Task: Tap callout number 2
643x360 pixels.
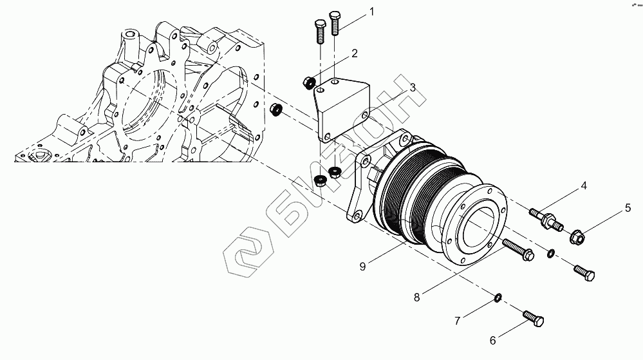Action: click(354, 54)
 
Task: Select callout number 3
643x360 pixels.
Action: click(413, 86)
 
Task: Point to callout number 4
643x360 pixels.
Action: click(584, 186)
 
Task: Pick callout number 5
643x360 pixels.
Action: click(626, 208)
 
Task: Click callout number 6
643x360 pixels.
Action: click(493, 341)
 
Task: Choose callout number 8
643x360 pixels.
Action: click(417, 297)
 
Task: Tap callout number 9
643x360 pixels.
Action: click(363, 265)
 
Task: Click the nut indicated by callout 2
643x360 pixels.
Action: click(309, 82)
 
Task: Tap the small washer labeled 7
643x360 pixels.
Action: click(499, 297)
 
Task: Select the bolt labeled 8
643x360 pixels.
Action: click(517, 250)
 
